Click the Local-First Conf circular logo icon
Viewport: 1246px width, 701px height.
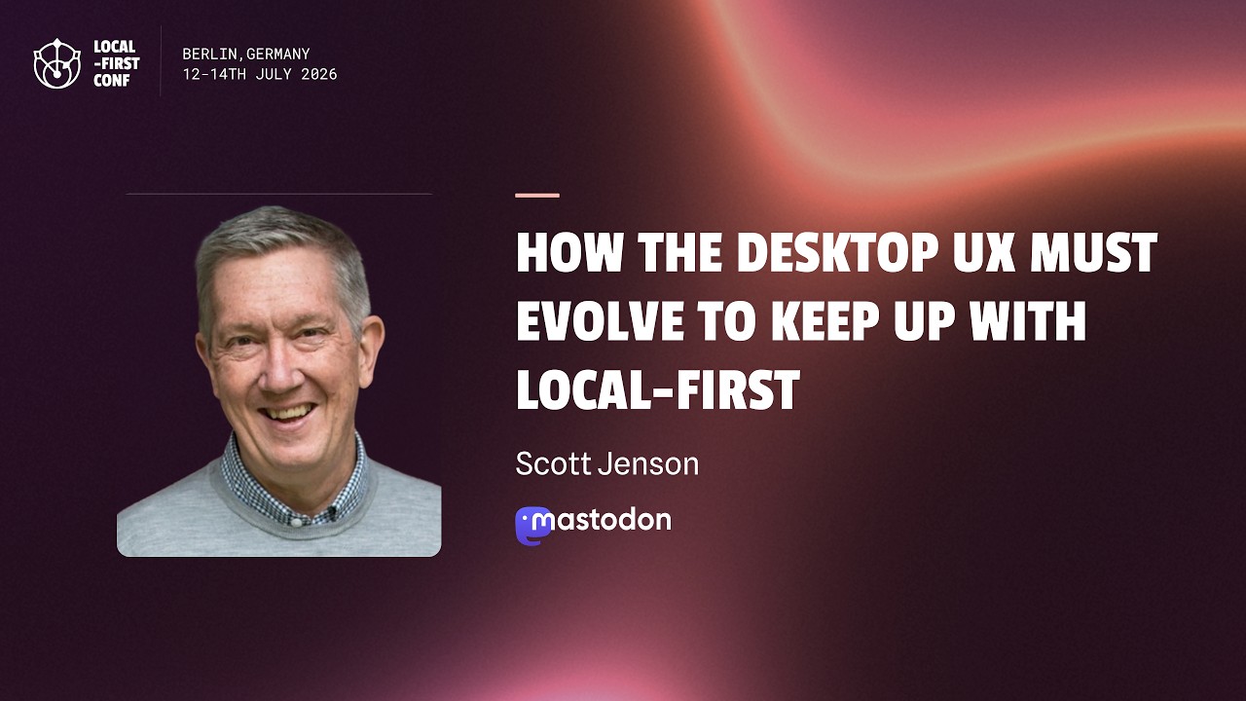tap(56, 63)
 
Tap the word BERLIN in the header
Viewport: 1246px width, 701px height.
tap(209, 54)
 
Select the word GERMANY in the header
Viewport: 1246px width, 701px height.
tap(277, 54)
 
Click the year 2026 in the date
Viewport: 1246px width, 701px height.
tap(318, 74)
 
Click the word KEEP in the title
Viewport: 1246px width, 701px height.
tap(826, 320)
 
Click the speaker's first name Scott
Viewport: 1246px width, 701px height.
tap(553, 464)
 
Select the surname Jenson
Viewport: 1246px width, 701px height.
tap(648, 464)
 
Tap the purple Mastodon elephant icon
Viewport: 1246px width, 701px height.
tap(532, 526)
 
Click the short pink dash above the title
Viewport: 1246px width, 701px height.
tap(537, 196)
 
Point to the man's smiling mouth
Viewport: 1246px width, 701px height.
tap(289, 415)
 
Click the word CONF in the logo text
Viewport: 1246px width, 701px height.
tap(111, 81)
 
